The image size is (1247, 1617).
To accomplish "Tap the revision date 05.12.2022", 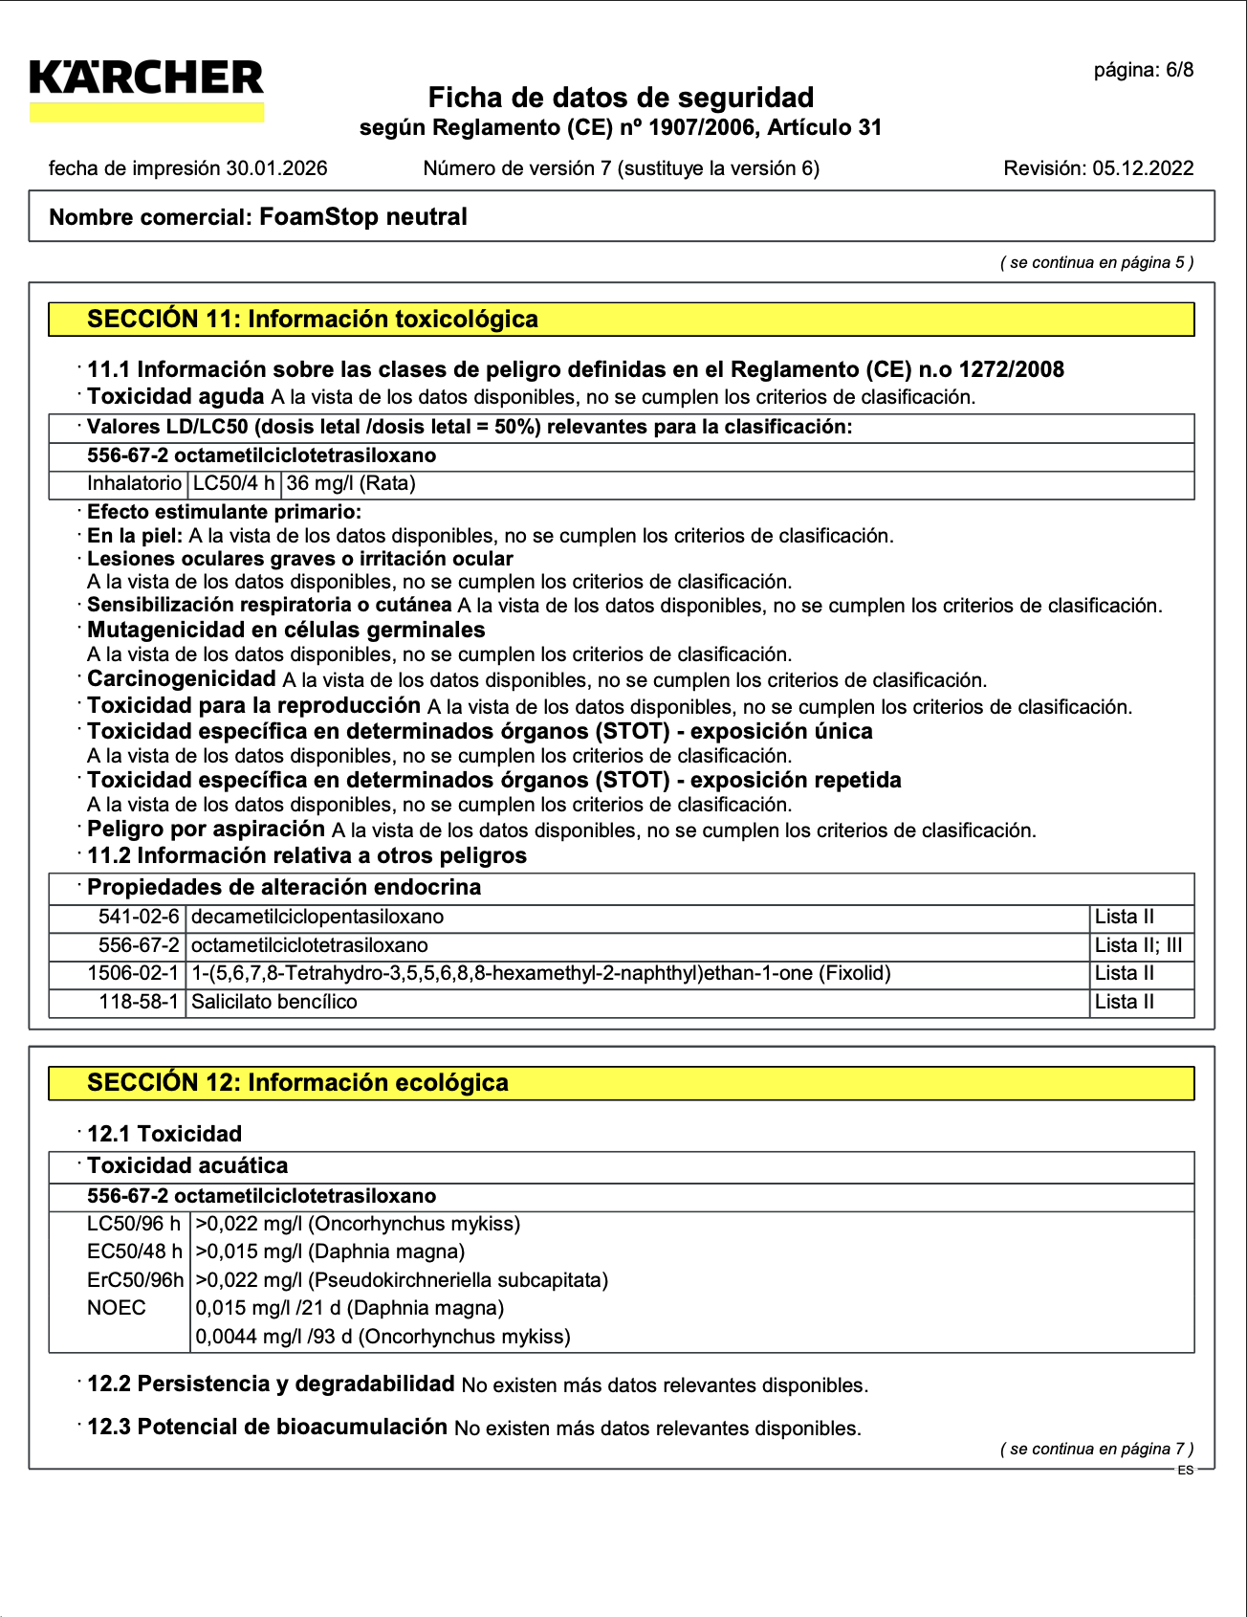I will tap(1143, 168).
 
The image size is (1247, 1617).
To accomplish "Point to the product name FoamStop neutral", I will tap(363, 217).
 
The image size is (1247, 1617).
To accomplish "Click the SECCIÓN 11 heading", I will tap(313, 320).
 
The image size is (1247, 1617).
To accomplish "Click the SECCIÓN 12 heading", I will tap(297, 1083).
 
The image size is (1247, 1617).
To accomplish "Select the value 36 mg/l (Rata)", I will tap(351, 484).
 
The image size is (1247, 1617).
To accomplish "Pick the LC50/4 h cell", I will tap(234, 484).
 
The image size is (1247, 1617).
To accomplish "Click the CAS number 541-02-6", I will tap(139, 918).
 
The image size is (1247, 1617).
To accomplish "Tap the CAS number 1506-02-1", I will tap(133, 974).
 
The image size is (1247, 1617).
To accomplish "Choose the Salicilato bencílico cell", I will tap(274, 1003).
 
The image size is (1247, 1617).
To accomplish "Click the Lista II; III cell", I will tap(1138, 946).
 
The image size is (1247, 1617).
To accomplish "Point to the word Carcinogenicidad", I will tap(182, 679).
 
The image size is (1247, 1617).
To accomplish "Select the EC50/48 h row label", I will tap(134, 1252).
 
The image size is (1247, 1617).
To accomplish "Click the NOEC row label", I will tap(117, 1309).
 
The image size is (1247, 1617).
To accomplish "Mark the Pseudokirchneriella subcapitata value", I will tap(402, 1280).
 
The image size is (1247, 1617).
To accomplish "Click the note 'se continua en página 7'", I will tap(1097, 1449).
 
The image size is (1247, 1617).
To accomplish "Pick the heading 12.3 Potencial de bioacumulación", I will tap(267, 1428).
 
